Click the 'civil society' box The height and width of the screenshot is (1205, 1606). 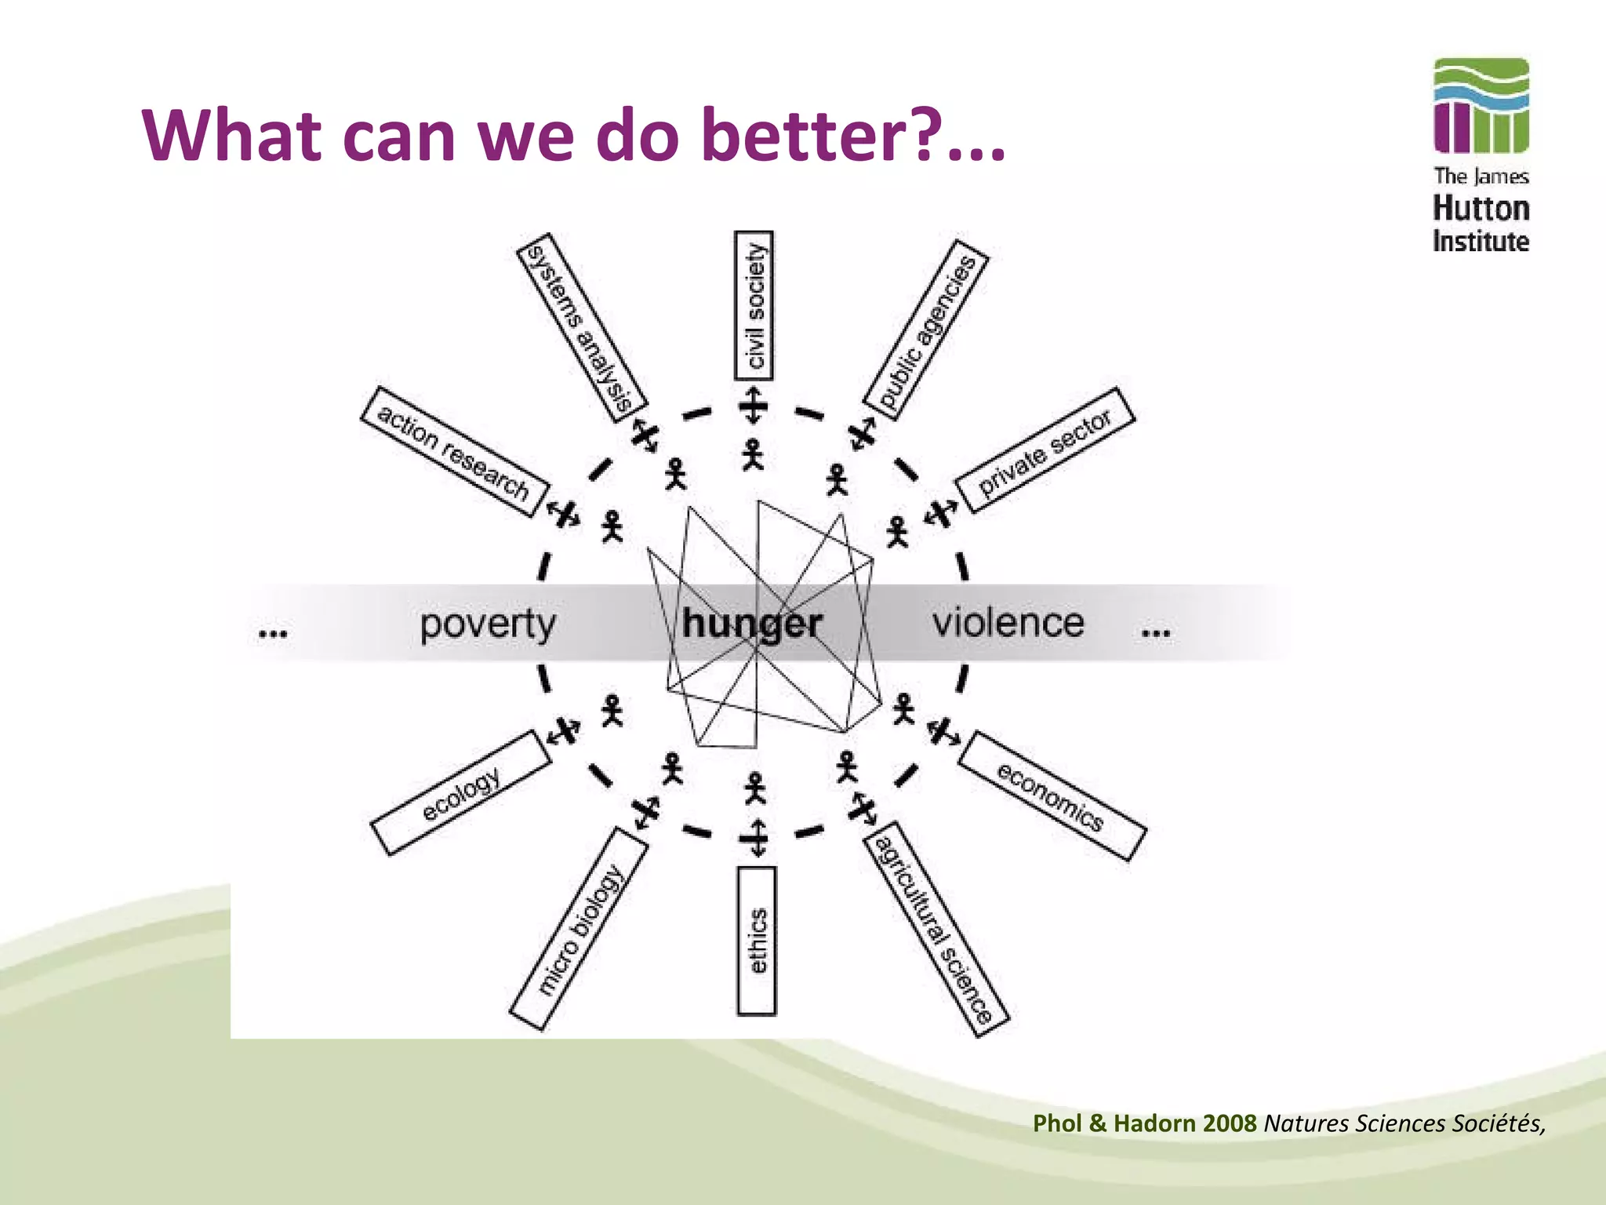click(754, 306)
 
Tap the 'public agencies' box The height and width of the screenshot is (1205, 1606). click(926, 330)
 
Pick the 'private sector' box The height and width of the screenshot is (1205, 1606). click(1044, 451)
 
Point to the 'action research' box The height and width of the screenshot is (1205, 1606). click(454, 451)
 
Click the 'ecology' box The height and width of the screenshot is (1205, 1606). click(461, 793)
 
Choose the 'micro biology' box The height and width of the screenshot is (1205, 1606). click(579, 929)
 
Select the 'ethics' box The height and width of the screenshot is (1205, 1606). click(757, 941)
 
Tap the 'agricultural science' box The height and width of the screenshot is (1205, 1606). click(935, 929)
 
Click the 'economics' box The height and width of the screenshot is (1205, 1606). click(1052, 795)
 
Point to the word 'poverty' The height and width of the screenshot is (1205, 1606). click(488, 624)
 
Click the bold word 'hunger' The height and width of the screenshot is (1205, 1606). click(751, 624)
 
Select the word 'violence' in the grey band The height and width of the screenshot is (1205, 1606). click(1008, 623)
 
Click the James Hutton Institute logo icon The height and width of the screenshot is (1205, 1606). click(1481, 105)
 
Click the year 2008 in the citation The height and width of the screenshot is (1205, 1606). click(1230, 1123)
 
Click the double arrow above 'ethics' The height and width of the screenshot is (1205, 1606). click(757, 838)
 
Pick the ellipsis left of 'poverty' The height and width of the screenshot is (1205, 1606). click(272, 632)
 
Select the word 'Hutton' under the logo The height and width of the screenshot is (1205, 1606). click(1481, 209)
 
